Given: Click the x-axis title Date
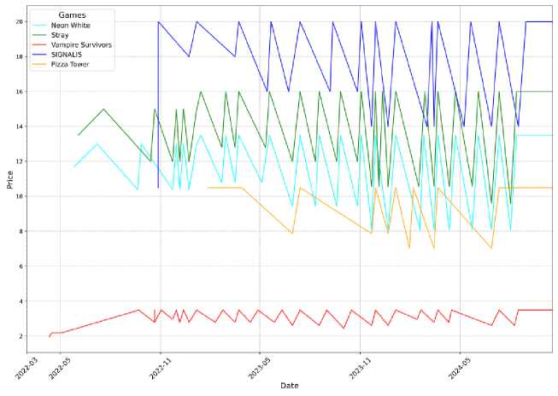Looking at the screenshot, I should coord(290,386).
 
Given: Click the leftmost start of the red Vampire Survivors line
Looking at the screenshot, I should coord(49,336).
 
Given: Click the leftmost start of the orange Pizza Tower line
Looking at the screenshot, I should coord(208,188).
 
